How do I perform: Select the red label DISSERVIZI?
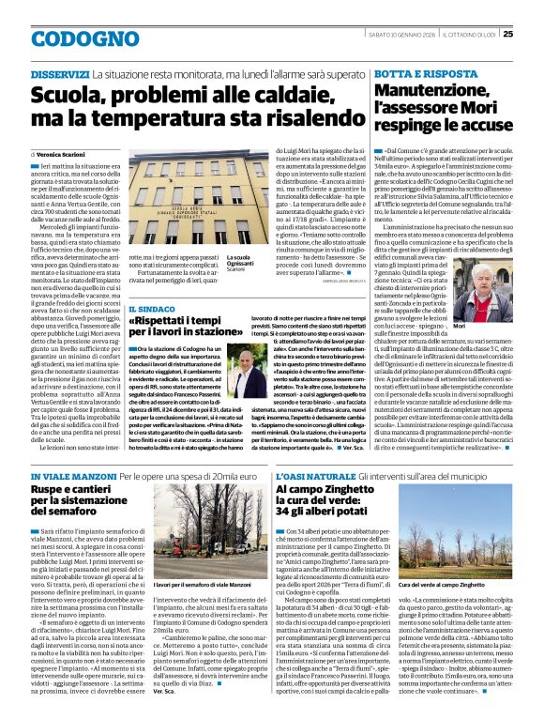(60, 74)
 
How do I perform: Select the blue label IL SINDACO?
(152, 307)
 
